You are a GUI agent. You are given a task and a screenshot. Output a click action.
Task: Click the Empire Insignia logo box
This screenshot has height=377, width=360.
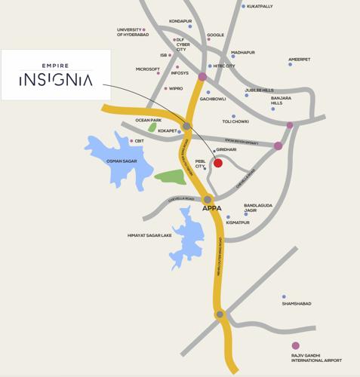click(56, 75)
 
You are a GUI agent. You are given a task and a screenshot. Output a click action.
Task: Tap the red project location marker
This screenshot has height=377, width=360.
click(217, 163)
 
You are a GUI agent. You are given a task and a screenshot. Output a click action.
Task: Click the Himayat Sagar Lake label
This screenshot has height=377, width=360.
click(149, 235)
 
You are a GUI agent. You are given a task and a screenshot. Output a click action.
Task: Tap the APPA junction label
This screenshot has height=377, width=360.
click(211, 208)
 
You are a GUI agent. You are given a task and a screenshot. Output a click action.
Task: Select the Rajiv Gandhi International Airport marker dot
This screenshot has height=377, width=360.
click(296, 346)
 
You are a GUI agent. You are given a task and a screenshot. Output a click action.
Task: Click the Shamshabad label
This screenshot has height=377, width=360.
click(297, 304)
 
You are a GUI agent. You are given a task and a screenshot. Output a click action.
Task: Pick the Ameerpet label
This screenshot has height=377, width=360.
click(299, 60)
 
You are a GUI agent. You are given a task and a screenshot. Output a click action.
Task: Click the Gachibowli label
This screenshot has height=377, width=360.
click(212, 99)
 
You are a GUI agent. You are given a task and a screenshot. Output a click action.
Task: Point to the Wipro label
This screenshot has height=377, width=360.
click(175, 88)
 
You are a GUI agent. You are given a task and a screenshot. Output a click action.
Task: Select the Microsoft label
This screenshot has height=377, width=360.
click(147, 69)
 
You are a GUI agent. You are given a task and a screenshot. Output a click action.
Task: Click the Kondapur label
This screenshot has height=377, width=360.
click(180, 21)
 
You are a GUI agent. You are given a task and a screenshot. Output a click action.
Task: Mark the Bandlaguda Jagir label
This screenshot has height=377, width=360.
click(257, 207)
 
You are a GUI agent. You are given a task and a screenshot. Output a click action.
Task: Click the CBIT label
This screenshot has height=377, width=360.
click(139, 141)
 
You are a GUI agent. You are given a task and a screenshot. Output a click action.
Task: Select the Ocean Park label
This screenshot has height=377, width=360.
click(148, 120)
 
